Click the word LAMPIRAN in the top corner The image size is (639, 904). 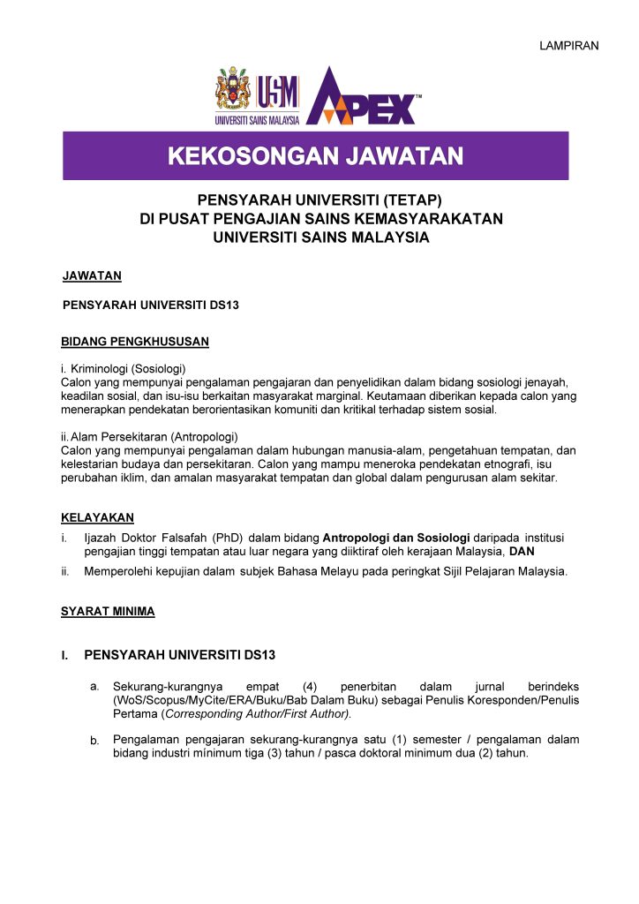[x=568, y=47]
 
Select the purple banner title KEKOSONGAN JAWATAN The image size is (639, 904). [x=315, y=157]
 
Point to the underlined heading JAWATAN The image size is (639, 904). [x=92, y=276]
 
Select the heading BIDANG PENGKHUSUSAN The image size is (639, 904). [x=134, y=341]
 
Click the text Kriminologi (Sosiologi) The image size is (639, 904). [x=128, y=368]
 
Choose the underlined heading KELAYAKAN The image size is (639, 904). [x=97, y=517]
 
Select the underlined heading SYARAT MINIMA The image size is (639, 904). [x=108, y=611]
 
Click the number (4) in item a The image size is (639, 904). [x=310, y=686]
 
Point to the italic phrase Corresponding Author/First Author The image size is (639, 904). [x=252, y=713]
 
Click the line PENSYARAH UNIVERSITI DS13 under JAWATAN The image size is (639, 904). [x=150, y=305]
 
